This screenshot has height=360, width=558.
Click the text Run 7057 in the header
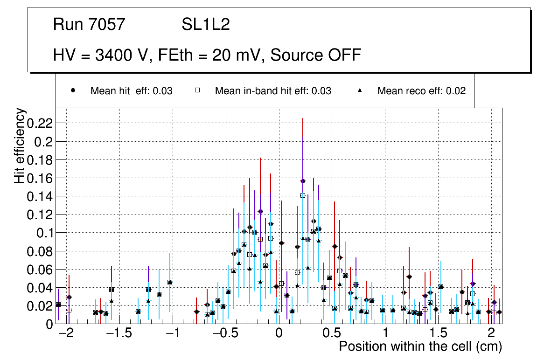click(89, 25)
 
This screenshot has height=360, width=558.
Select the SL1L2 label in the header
click(206, 25)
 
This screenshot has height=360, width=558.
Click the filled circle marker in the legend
click(73, 91)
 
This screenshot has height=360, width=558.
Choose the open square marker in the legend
click(197, 91)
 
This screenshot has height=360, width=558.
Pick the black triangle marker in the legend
click(360, 91)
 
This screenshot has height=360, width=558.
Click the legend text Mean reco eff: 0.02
click(421, 91)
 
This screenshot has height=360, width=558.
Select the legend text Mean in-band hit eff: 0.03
click(273, 91)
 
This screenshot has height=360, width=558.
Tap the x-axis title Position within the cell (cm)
click(420, 347)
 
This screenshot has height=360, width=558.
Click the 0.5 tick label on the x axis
click(332, 334)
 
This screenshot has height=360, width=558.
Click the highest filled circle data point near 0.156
click(303, 181)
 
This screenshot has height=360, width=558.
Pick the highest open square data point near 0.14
click(303, 195)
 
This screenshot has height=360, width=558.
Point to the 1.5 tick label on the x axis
click(438, 334)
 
